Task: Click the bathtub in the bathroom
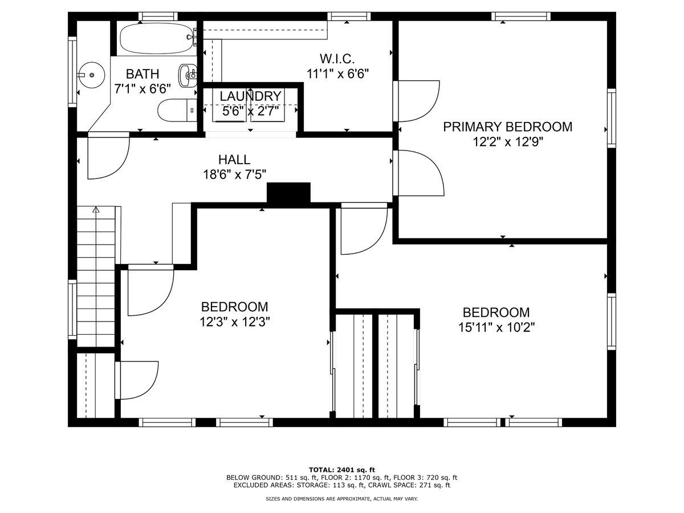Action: (158, 39)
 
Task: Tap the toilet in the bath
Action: (177, 110)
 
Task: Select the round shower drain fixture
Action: (92, 75)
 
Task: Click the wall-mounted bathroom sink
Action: (188, 75)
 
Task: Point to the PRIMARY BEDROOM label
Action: (508, 127)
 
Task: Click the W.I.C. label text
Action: (337, 59)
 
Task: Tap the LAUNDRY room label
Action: (251, 96)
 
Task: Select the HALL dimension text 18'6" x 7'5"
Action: (234, 174)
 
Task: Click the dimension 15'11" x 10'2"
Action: (496, 327)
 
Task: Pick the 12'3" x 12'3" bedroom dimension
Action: (234, 321)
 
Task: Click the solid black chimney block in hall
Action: (288, 193)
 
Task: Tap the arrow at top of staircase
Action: (96, 210)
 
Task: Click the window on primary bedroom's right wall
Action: (612, 118)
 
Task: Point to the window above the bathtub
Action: (158, 16)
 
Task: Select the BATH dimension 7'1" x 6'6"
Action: (142, 89)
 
